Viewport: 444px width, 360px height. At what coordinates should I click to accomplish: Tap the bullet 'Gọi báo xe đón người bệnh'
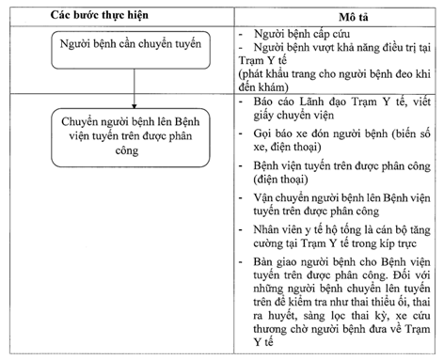341,139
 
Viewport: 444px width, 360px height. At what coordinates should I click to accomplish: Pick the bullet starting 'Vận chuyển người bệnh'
341,205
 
